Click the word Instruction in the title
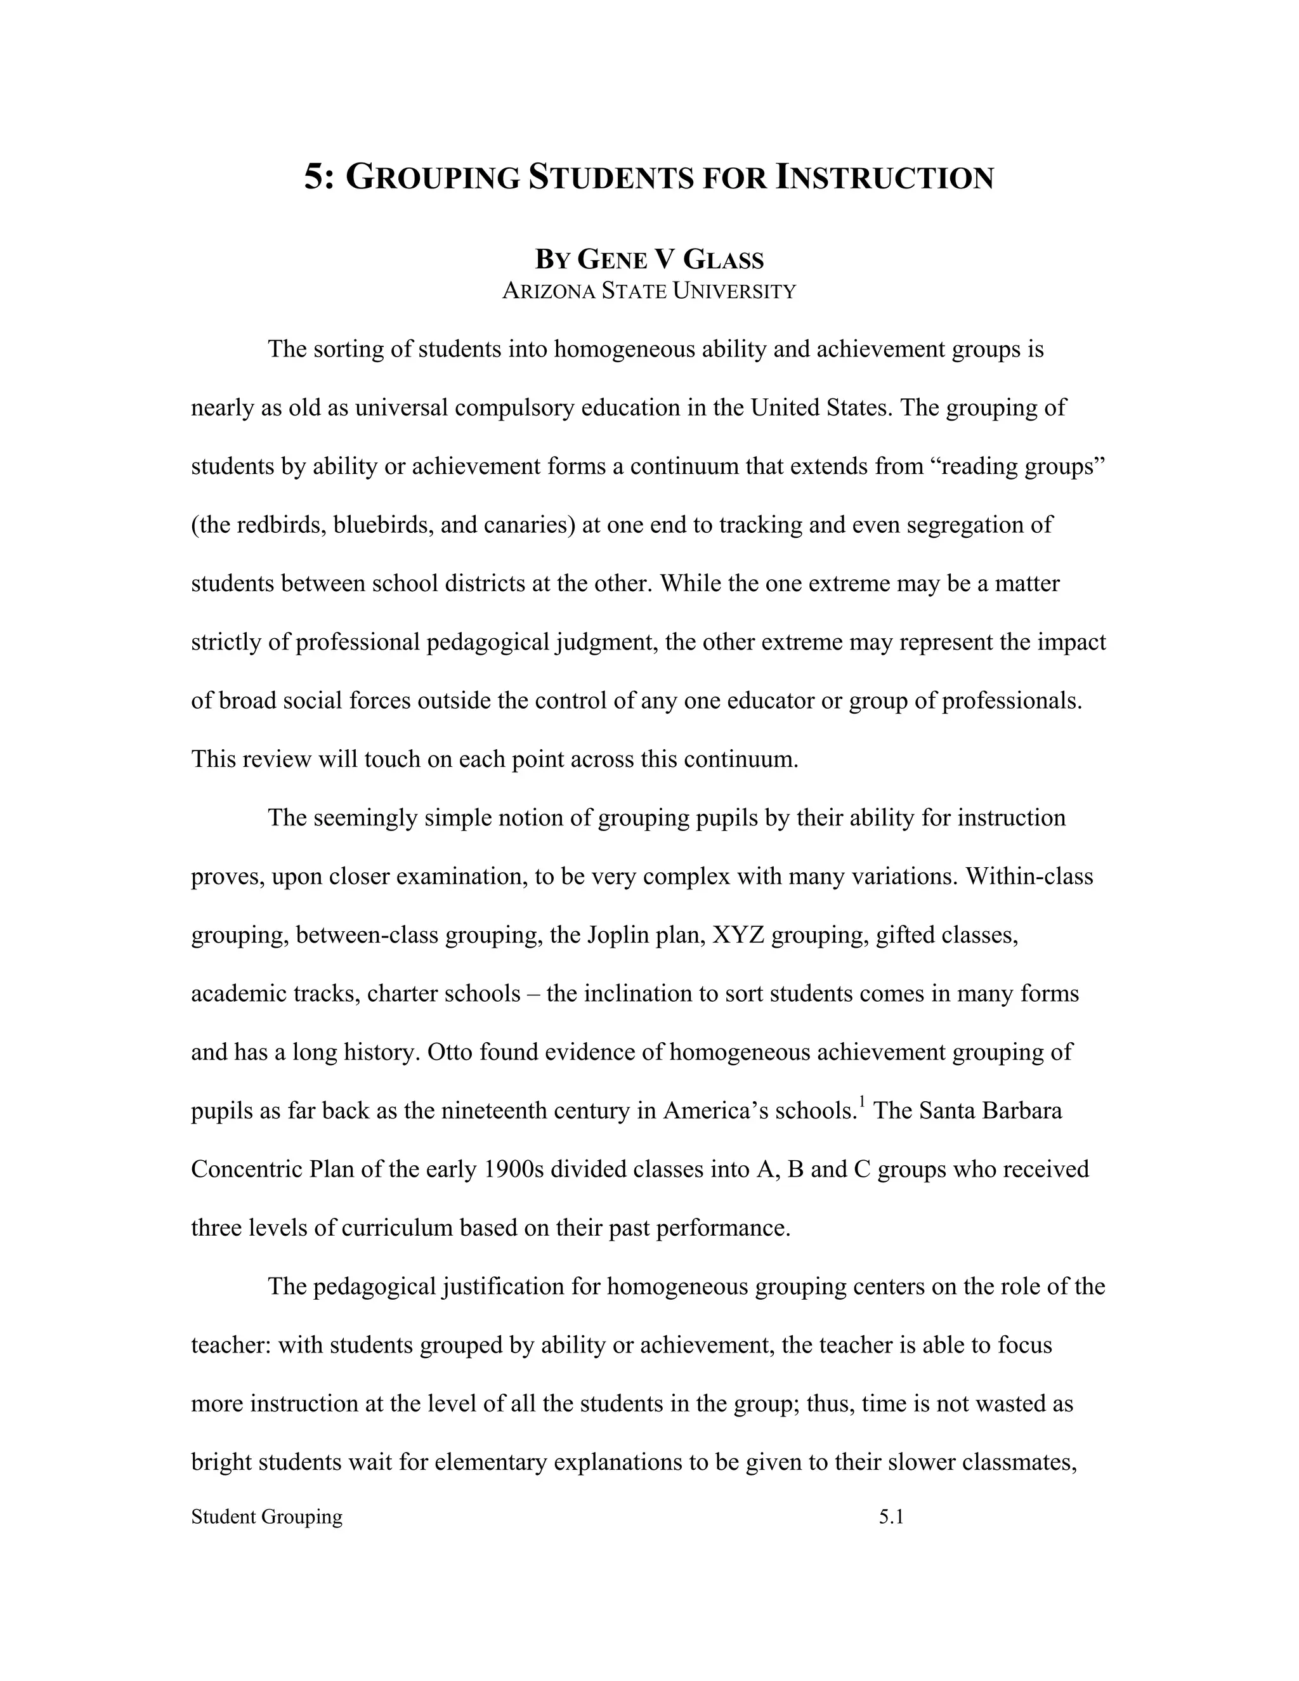[884, 177]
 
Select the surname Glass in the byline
[722, 259]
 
